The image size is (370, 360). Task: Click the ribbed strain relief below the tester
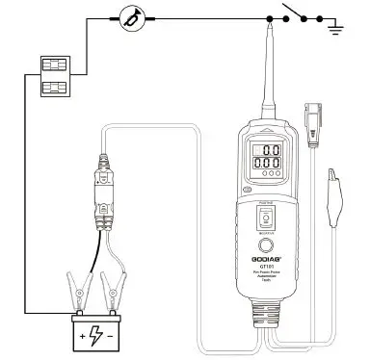262,317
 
